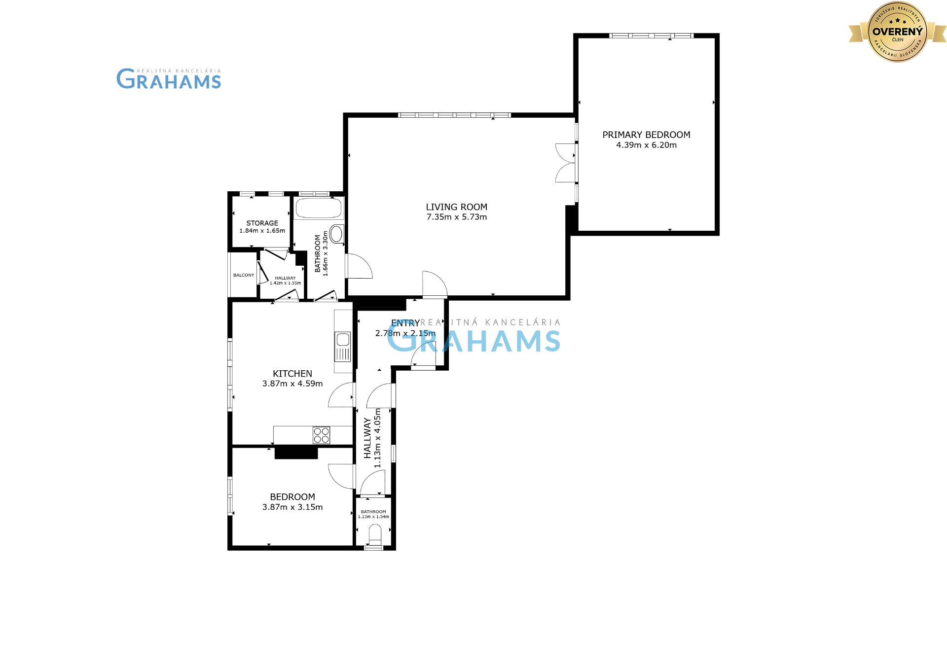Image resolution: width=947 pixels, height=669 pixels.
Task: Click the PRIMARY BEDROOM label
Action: point(646,135)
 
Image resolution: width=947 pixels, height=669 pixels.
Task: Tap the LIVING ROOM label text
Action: point(456,207)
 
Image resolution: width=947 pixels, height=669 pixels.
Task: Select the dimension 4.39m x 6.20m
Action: point(646,145)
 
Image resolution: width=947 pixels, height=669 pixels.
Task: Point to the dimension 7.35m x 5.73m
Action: point(456,217)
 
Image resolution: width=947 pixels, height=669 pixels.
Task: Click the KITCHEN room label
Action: point(292,374)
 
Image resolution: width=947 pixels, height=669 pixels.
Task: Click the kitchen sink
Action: point(342,340)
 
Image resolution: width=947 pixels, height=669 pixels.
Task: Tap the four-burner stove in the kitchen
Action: point(321,435)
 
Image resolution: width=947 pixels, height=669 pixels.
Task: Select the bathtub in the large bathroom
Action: point(318,209)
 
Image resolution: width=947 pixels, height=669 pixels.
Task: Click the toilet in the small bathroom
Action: point(375,535)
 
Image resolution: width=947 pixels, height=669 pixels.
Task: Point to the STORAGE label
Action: point(262,223)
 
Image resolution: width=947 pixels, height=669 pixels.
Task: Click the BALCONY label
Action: point(244,275)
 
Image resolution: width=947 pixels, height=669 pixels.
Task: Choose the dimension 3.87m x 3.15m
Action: point(292,507)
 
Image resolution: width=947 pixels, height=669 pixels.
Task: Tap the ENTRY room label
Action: point(405,323)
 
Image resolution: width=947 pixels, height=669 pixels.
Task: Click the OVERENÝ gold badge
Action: point(897,32)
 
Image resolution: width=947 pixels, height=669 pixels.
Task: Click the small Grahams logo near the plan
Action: point(169,79)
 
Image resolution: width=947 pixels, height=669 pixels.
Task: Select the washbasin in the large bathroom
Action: point(337,234)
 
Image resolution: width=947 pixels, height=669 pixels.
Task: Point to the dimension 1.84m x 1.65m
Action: point(262,231)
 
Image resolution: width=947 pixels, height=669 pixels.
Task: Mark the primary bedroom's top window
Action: point(651,35)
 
